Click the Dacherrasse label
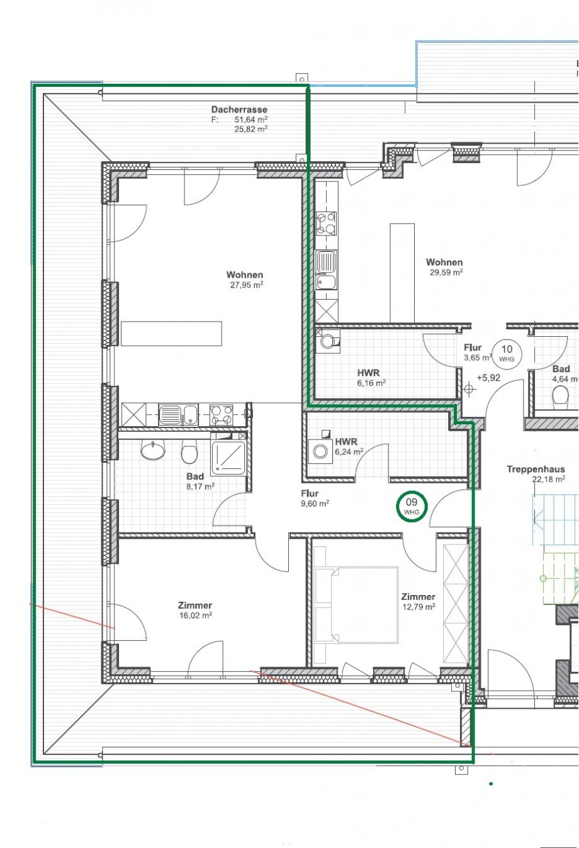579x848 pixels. click(239, 110)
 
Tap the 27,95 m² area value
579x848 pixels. click(247, 285)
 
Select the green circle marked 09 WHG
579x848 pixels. click(412, 506)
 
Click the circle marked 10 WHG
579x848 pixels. click(507, 353)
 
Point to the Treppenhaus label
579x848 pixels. click(536, 469)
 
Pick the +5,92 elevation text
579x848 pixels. click(488, 378)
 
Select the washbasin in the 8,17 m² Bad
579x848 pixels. click(153, 450)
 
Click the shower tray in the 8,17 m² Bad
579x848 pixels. click(228, 458)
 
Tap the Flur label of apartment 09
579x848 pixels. click(310, 494)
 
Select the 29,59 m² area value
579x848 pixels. click(446, 272)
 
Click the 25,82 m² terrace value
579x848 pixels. click(251, 129)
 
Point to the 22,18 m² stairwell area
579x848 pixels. click(549, 479)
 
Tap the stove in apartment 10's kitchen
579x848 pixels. click(326, 223)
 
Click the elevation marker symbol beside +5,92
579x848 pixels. click(469, 388)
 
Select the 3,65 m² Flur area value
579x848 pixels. click(478, 357)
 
